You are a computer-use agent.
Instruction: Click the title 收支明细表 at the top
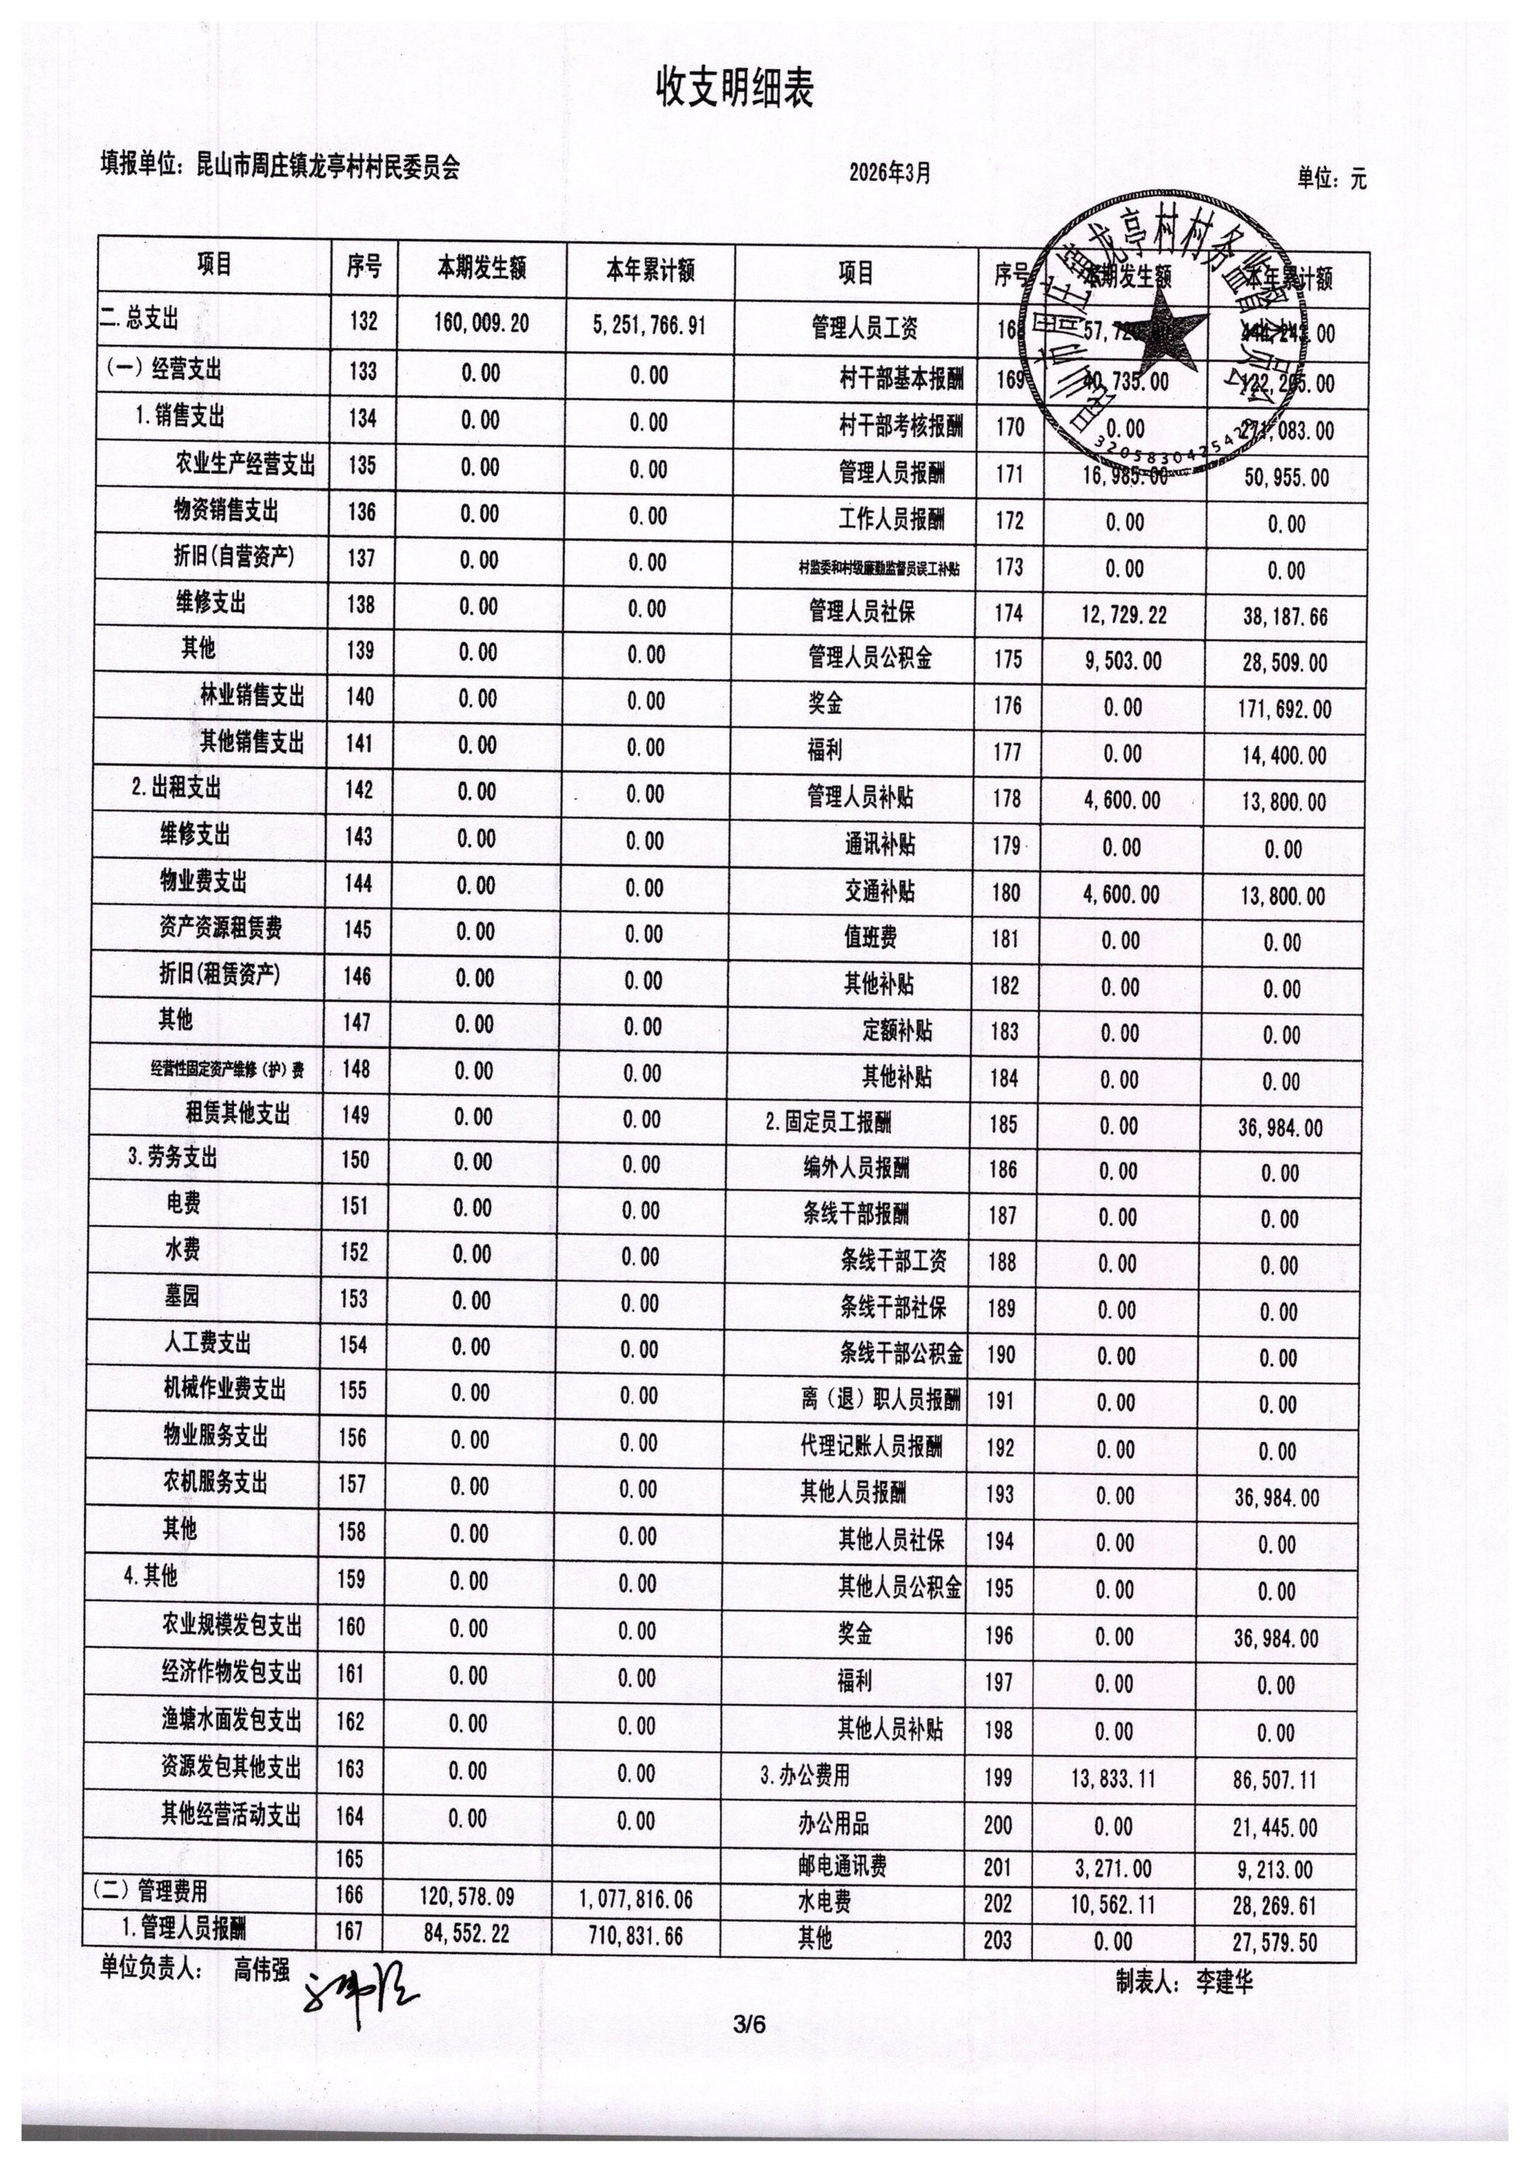[x=734, y=91]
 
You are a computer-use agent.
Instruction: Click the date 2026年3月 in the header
[x=890, y=172]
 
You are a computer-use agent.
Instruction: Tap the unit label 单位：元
[x=1330, y=178]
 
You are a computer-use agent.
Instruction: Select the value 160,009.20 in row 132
[x=482, y=324]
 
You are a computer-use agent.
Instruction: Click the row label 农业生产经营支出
[x=245, y=465]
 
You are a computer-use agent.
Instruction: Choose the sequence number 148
[x=357, y=1068]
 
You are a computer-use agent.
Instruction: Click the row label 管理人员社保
[x=861, y=611]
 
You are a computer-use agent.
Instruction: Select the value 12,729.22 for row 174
[x=1124, y=615]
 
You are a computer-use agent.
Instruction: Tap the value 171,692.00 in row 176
[x=1284, y=708]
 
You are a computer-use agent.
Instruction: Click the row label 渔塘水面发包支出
[x=231, y=1719]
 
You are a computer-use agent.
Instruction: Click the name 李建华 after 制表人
[x=1224, y=1982]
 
